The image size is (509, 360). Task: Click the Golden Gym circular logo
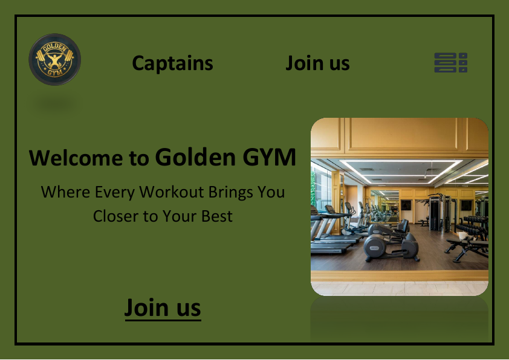(54, 60)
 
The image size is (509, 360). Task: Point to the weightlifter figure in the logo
(54, 60)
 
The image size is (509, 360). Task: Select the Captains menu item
(172, 63)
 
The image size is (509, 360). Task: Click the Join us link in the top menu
(317, 63)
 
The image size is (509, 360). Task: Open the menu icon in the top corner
(451, 63)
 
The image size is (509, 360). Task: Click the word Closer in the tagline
(115, 216)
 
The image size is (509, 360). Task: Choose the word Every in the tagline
(116, 192)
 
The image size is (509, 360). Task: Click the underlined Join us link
(163, 307)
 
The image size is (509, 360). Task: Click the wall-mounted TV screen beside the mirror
(406, 205)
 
